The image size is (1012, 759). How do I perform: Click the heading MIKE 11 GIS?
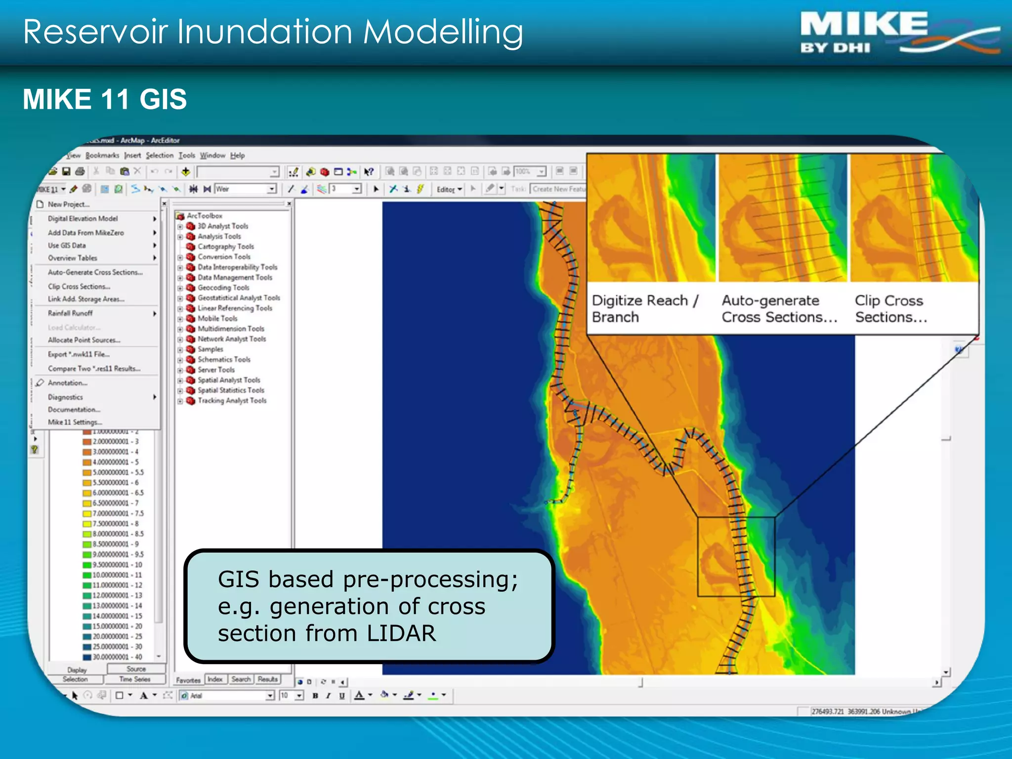(x=105, y=99)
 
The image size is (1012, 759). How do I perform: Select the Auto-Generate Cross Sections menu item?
(x=95, y=272)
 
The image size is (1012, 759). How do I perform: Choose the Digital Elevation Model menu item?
(x=83, y=218)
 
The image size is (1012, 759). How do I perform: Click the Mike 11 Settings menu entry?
(x=75, y=422)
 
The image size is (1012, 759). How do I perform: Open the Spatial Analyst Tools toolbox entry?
(x=228, y=380)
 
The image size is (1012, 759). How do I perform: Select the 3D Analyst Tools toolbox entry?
(x=222, y=226)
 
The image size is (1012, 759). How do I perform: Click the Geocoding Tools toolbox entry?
(x=223, y=288)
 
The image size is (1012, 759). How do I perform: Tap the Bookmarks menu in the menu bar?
(x=102, y=155)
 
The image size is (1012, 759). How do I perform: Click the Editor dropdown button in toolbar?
(x=449, y=189)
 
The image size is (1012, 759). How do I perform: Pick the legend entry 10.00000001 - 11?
(x=117, y=575)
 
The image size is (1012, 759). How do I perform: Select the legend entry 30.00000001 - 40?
(x=117, y=657)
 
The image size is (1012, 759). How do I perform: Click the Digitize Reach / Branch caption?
(x=644, y=308)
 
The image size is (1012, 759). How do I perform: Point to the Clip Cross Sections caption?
(x=890, y=308)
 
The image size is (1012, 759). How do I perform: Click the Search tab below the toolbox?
(x=241, y=679)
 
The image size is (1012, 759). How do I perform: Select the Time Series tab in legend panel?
(x=134, y=679)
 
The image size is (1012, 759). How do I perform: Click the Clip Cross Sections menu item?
(x=79, y=287)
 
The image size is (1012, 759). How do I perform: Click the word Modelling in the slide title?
(x=443, y=33)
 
